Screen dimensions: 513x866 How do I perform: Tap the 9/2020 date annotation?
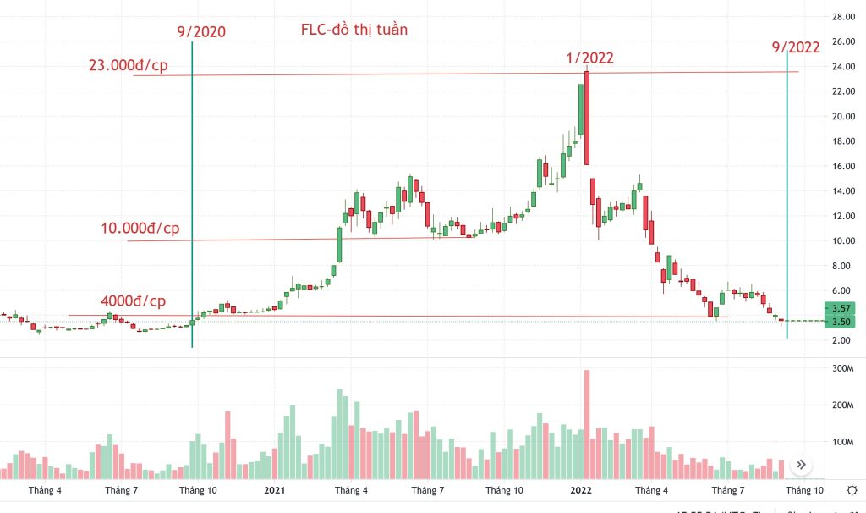tap(201, 32)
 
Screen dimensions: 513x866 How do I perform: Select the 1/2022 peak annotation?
tap(590, 58)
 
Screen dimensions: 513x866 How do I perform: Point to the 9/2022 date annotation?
tap(796, 47)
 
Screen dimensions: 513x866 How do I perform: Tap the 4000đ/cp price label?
tap(133, 301)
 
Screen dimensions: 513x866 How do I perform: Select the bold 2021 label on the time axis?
tap(273, 490)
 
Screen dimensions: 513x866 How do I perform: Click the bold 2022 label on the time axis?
tap(580, 490)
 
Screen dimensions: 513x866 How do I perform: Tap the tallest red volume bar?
tap(585, 423)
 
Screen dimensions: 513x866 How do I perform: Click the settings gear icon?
tap(852, 489)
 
